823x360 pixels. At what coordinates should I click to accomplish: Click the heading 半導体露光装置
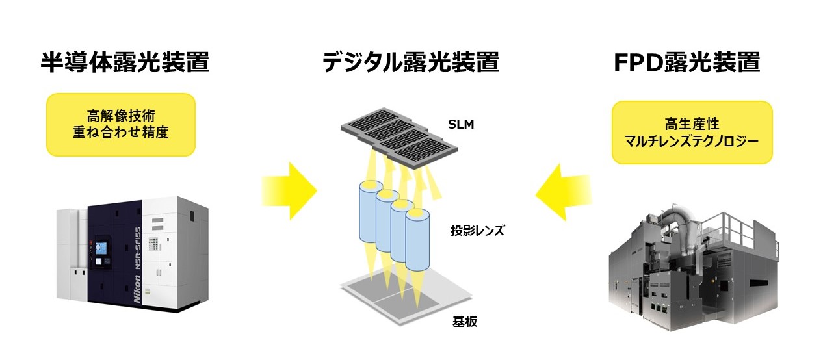(125, 63)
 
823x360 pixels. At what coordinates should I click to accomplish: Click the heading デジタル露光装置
(411, 63)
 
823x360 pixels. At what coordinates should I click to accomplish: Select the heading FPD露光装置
(687, 63)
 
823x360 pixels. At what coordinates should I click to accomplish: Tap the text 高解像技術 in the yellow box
(120, 117)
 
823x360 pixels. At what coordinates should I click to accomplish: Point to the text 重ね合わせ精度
(120, 134)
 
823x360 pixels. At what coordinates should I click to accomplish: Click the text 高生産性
(692, 124)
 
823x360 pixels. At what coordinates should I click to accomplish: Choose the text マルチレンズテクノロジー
(692, 141)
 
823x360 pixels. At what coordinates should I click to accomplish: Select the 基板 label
(464, 321)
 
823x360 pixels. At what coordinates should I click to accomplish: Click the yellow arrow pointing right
(289, 191)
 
